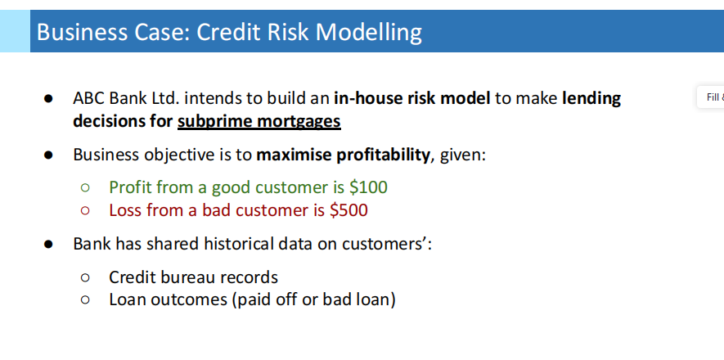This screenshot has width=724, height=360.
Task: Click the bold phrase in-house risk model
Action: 411,99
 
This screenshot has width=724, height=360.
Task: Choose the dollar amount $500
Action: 349,210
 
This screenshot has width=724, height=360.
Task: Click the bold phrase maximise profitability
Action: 343,155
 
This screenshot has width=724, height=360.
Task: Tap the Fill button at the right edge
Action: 713,97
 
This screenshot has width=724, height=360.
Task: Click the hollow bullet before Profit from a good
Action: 84,188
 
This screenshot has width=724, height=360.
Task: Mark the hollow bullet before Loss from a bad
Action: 84,211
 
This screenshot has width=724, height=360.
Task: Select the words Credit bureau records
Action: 193,277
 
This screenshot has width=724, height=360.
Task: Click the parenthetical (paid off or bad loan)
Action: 314,299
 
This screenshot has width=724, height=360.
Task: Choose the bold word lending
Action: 591,99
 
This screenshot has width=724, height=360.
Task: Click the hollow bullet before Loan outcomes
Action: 84,300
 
